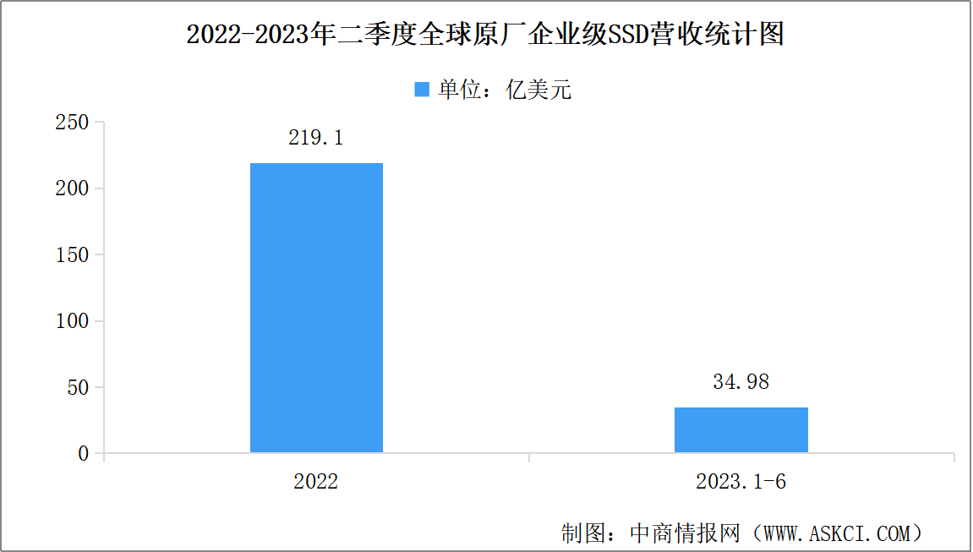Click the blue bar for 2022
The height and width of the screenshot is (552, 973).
click(x=316, y=308)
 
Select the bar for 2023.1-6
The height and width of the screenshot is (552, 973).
click(x=741, y=430)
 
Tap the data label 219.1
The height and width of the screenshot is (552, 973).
click(x=316, y=138)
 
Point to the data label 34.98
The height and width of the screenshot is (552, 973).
click(x=741, y=382)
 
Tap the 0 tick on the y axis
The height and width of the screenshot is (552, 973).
click(x=83, y=454)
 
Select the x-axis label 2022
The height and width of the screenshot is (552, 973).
click(x=316, y=482)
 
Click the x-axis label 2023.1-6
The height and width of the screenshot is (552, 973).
click(x=741, y=482)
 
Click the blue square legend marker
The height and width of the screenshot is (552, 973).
click(x=422, y=90)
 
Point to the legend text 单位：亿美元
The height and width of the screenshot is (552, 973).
click(x=505, y=90)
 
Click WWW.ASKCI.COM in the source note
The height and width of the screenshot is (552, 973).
click(x=838, y=533)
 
